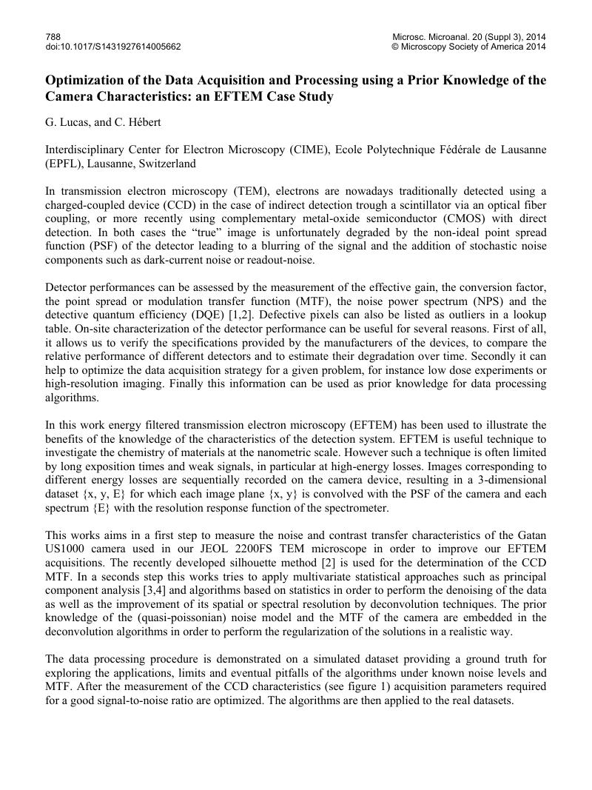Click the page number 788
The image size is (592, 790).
click(x=53, y=36)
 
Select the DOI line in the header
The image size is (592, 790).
click(x=112, y=47)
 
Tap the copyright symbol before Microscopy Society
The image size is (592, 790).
click(x=394, y=47)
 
